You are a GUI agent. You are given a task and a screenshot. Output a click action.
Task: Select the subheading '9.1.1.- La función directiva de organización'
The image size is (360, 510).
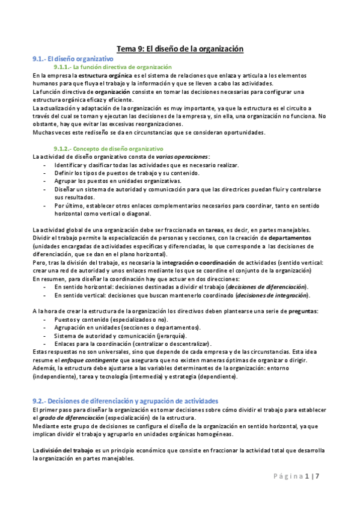tap(112, 67)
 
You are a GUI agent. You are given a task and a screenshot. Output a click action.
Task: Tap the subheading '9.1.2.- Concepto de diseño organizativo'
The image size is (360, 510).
tap(108, 148)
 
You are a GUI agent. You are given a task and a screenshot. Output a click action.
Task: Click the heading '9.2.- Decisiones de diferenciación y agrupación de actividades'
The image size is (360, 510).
tap(126, 401)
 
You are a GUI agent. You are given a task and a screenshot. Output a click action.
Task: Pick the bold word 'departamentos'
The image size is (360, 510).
tap(286, 238)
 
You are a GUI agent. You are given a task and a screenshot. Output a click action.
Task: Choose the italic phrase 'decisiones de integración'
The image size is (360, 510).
tap(273, 295)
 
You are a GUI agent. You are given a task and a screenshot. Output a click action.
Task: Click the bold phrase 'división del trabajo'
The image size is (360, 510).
tap(64, 450)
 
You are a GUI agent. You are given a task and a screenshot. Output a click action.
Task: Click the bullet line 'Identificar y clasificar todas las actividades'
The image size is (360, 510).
tap(146, 165)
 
